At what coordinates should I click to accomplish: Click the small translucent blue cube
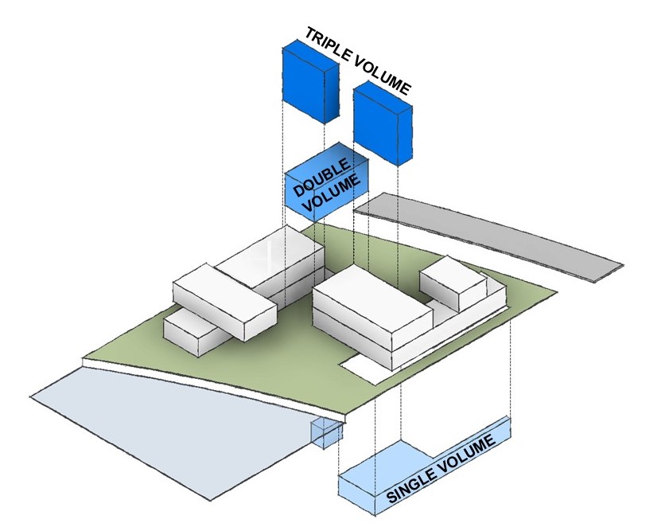327,432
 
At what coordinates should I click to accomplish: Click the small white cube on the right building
453,283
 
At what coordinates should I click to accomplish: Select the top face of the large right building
372,299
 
